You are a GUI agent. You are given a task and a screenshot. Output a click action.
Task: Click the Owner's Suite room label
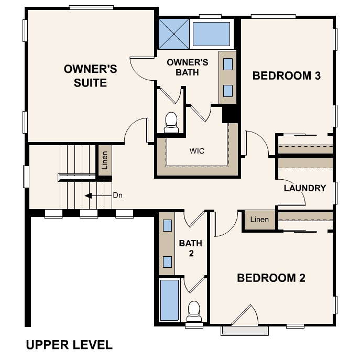point(90,76)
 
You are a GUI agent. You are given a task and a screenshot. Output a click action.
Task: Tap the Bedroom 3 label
point(287,76)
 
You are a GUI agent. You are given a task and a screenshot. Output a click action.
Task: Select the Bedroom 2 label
point(271,278)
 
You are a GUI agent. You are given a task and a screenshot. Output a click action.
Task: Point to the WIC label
point(197,151)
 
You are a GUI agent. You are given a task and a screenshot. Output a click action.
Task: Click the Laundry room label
point(305,188)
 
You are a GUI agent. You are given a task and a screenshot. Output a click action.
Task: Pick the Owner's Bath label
point(188,67)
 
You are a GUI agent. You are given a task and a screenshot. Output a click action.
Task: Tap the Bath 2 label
point(191,248)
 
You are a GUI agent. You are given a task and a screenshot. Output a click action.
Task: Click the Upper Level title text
point(69,345)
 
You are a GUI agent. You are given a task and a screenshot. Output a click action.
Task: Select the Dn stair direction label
point(117,195)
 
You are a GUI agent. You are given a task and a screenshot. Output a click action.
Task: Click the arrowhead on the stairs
point(89,196)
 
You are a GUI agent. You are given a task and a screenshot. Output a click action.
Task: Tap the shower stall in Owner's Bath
point(174,34)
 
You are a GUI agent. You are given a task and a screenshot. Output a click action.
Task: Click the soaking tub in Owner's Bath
point(212,34)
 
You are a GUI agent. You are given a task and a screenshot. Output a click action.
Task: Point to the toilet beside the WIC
point(171,123)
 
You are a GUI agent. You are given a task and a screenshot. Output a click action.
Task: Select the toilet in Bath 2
point(194,311)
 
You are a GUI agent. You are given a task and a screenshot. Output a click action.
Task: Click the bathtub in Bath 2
point(169,300)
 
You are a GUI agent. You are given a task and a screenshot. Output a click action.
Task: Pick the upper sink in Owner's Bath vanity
point(228,64)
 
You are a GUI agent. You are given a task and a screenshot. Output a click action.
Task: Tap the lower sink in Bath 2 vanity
point(167,262)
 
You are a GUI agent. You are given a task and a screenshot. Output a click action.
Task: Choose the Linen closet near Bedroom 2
point(259,220)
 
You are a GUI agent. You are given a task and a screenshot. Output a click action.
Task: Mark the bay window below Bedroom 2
point(245,331)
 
